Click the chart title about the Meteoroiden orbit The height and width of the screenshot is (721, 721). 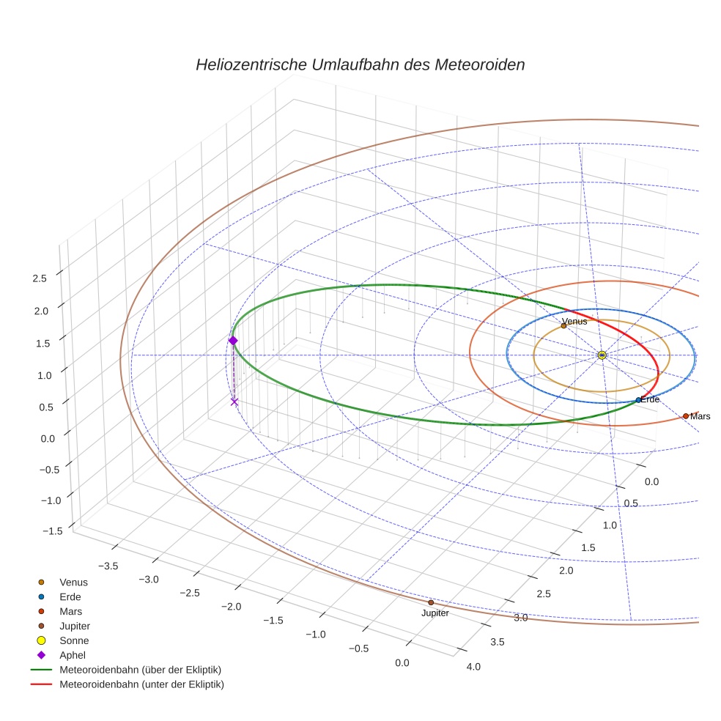click(x=360, y=64)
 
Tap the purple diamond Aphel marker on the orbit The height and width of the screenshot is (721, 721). click(x=233, y=341)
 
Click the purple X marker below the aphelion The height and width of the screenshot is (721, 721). click(x=234, y=402)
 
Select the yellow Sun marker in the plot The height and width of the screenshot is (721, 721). click(x=602, y=355)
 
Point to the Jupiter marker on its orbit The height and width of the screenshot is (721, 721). click(x=431, y=602)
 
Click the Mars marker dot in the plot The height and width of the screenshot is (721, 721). click(x=686, y=415)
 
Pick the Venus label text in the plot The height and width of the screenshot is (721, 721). click(x=574, y=322)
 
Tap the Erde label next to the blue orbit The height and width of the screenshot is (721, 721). click(x=651, y=399)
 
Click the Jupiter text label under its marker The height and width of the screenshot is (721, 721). click(x=435, y=613)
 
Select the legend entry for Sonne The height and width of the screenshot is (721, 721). click(x=74, y=640)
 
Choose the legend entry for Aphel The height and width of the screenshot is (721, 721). click(x=73, y=655)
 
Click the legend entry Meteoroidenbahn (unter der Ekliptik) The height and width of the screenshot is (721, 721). click(x=141, y=684)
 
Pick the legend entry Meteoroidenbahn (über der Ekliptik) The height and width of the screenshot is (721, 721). click(x=141, y=670)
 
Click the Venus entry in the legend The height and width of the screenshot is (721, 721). click(x=73, y=582)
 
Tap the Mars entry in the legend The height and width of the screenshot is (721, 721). click(x=71, y=611)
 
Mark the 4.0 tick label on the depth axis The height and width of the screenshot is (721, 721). click(x=473, y=666)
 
